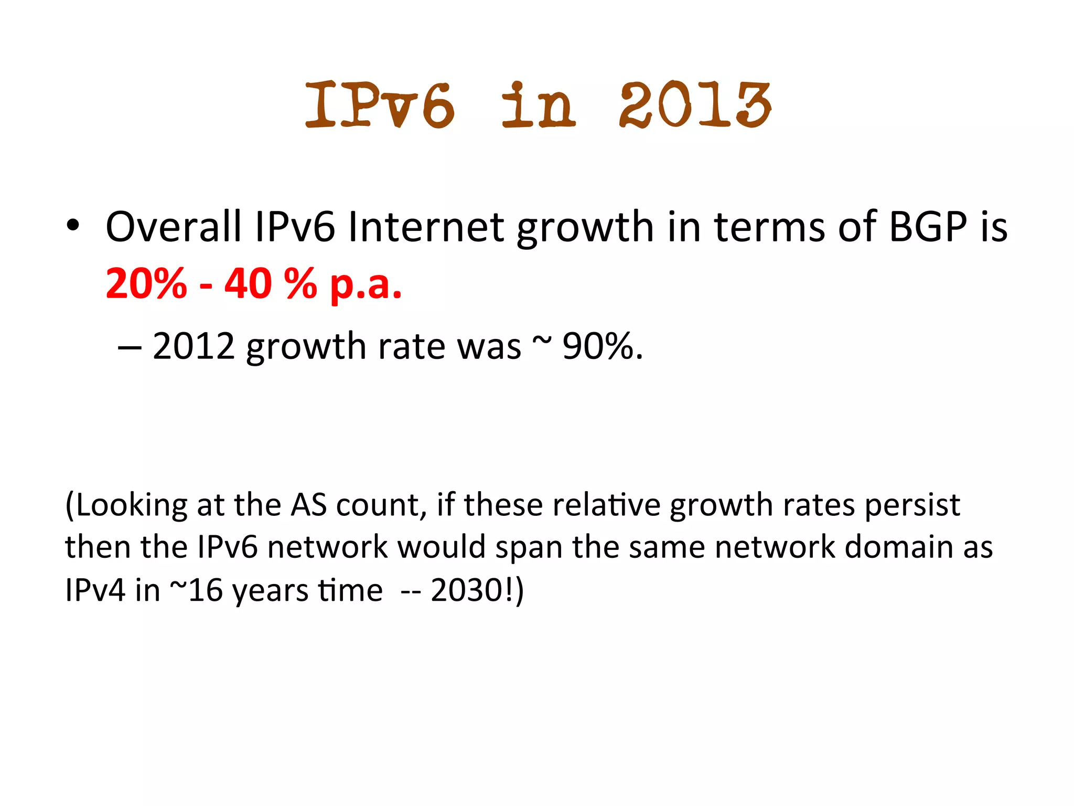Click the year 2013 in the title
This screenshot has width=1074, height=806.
click(x=694, y=105)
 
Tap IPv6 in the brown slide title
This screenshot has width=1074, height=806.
click(x=380, y=105)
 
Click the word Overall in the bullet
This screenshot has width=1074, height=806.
click(x=174, y=227)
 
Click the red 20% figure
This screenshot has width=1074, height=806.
click(x=146, y=283)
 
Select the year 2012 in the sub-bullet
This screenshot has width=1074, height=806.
click(x=193, y=346)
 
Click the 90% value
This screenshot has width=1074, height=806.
click(x=598, y=346)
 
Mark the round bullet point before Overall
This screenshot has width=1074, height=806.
click(x=73, y=226)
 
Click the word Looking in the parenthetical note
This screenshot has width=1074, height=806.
click(x=131, y=505)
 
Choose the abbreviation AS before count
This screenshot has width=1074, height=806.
click(x=309, y=505)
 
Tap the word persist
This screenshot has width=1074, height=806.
click(x=912, y=505)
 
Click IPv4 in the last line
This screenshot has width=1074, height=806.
click(x=95, y=590)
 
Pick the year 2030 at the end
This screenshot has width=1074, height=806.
click(x=467, y=590)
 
